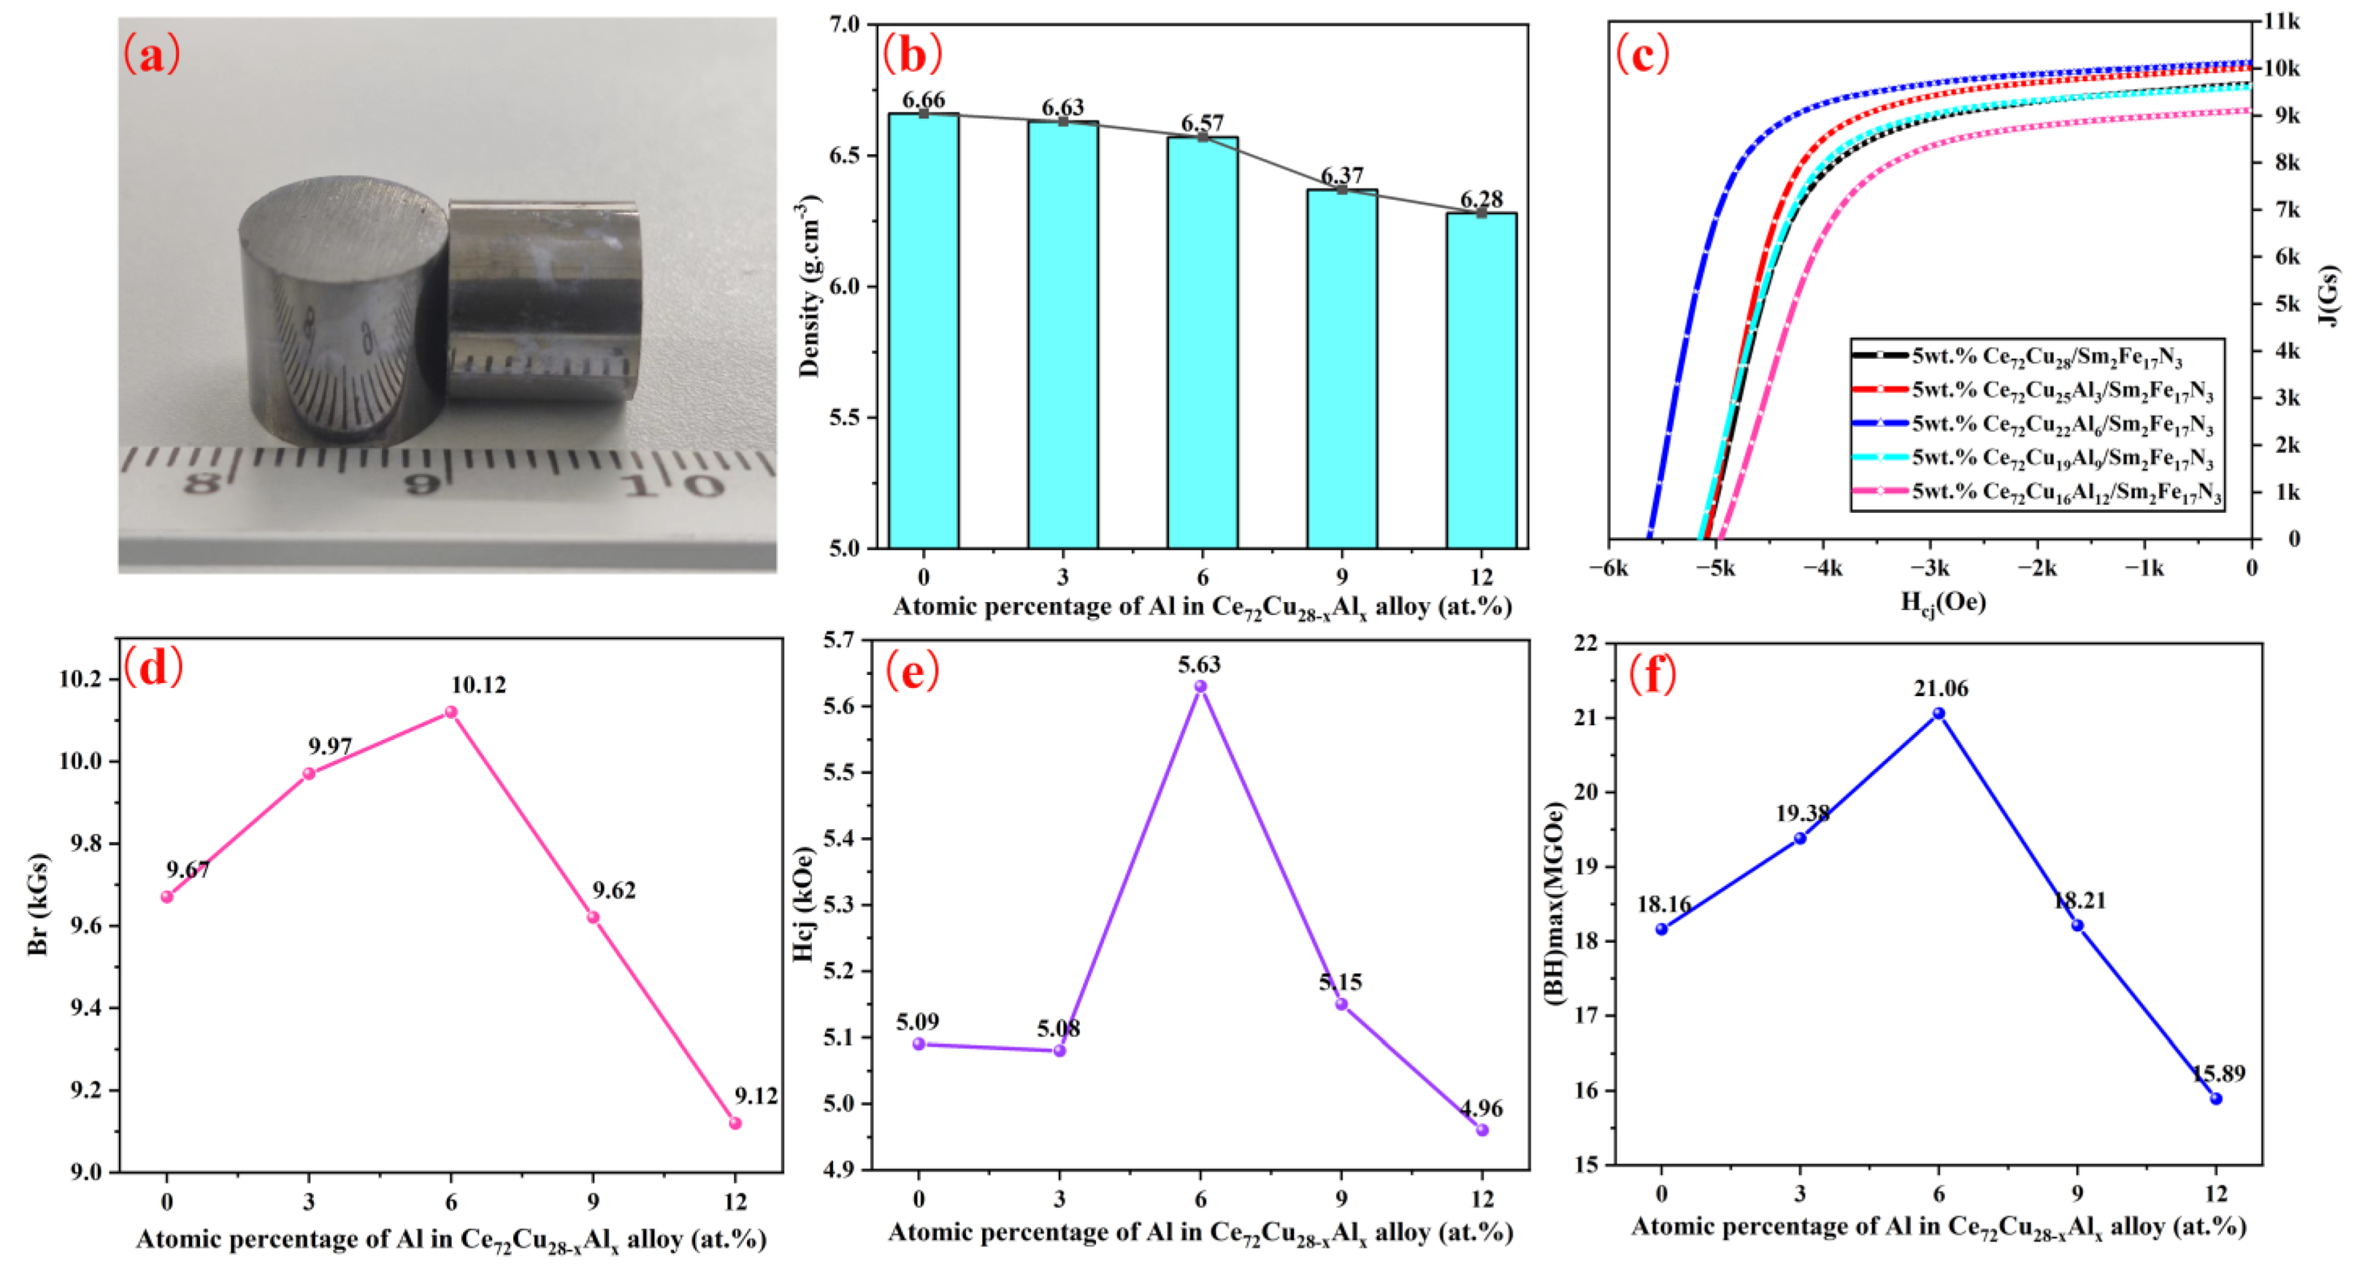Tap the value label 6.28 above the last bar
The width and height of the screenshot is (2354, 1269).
(x=1481, y=199)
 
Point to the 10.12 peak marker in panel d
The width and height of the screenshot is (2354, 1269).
(x=450, y=712)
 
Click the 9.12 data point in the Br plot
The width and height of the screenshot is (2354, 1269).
(x=735, y=1123)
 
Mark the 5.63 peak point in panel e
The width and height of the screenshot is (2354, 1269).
(x=1201, y=686)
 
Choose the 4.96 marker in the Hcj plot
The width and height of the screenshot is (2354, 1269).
(x=1482, y=1130)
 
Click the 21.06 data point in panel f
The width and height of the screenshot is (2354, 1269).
(x=1938, y=714)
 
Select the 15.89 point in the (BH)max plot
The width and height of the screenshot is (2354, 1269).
(x=2216, y=1098)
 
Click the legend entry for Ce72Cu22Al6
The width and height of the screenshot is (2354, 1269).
(x=2061, y=424)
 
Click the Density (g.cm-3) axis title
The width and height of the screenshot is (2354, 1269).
(x=809, y=285)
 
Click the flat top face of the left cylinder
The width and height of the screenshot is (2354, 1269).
(x=343, y=219)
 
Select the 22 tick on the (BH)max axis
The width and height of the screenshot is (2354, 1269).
(x=1587, y=643)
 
